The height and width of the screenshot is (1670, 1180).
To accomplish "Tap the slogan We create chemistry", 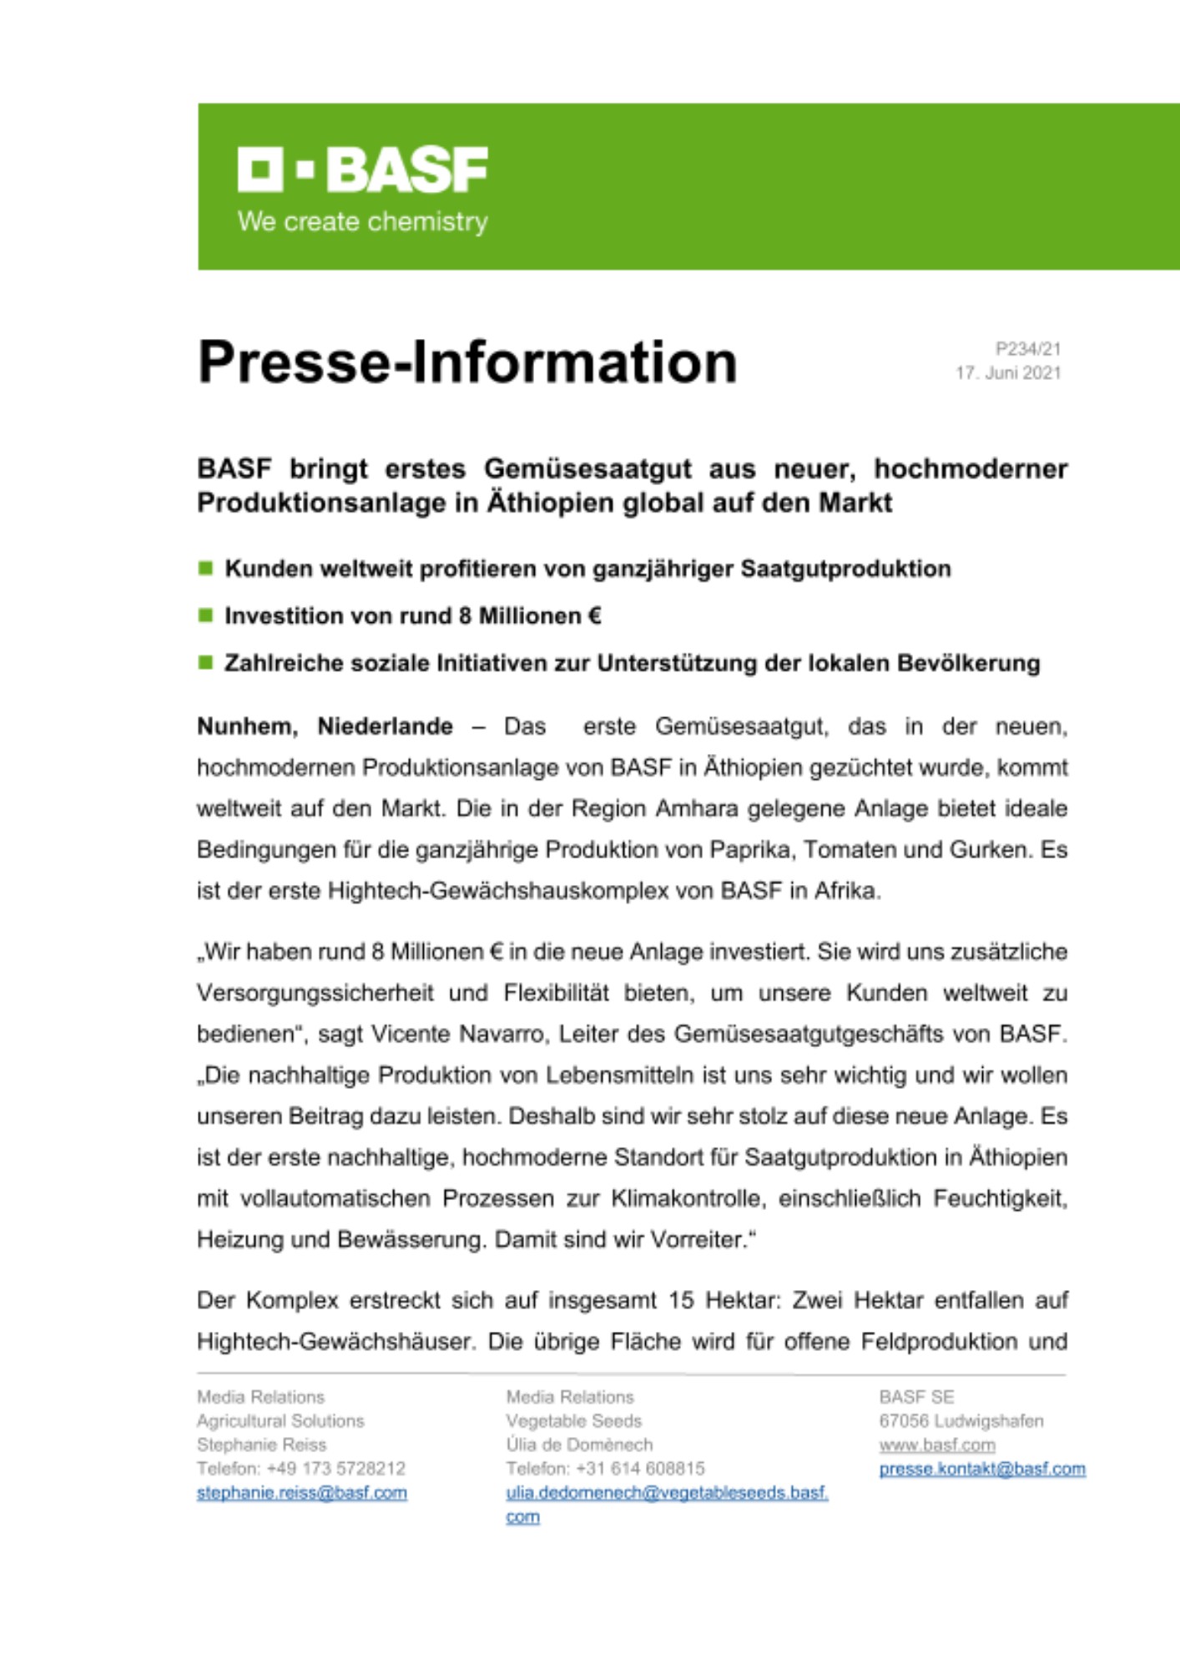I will click(x=362, y=222).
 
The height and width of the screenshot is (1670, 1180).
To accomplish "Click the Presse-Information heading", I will click(x=467, y=362).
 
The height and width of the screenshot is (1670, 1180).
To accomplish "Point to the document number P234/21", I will click(x=1027, y=349).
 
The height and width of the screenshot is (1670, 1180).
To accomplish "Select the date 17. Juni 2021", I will click(x=1008, y=373).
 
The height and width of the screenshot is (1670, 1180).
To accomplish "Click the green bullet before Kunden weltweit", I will click(x=205, y=569).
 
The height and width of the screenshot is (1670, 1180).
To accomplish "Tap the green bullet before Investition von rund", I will click(x=205, y=616).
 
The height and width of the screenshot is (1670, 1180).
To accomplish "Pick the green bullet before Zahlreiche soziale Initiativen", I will click(x=205, y=663).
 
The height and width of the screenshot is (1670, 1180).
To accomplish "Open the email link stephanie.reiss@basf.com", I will click(x=302, y=1493).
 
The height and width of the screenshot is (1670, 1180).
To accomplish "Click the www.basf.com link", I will click(x=936, y=1445).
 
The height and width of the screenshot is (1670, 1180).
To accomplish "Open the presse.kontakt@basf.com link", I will click(x=982, y=1470).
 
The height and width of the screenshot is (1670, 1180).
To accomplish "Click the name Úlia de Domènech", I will click(x=579, y=1445).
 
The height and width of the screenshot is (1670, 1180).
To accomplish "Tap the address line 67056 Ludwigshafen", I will click(x=961, y=1421).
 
